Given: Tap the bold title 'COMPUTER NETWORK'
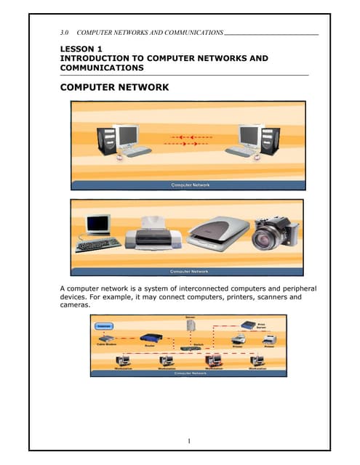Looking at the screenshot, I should coord(114,87).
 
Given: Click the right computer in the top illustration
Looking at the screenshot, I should coord(252,140).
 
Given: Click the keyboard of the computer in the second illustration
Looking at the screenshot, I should coord(98,244).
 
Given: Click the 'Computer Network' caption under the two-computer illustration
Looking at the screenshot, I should coord(190,185).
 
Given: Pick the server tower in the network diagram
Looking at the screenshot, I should coord(190,327).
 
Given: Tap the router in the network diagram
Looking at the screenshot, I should coord(152,339).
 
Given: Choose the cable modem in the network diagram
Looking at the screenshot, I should coord(107,339).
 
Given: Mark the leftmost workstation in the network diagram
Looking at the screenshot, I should coord(124,360).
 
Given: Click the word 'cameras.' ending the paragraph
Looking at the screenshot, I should coord(75,305).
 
